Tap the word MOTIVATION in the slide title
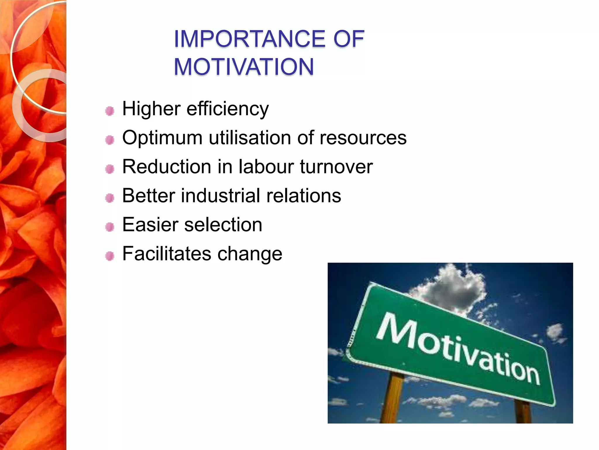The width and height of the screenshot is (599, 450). click(x=244, y=67)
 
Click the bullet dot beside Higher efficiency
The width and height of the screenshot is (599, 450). click(x=110, y=111)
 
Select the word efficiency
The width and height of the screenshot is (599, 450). click(x=228, y=109)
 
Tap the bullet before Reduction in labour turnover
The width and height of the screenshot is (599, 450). click(x=110, y=169)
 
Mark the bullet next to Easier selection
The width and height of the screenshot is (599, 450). click(x=110, y=227)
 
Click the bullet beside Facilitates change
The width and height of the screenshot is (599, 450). click(x=110, y=256)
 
